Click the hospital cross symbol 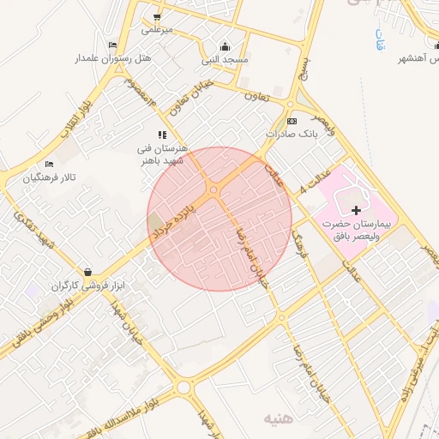click(x=357, y=209)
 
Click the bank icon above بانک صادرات click(x=292, y=122)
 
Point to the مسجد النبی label click(x=225, y=60)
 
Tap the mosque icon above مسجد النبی click(x=226, y=46)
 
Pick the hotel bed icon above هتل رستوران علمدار click(x=112, y=45)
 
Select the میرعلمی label click(x=157, y=29)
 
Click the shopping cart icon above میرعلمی click(x=156, y=16)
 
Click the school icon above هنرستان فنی click(x=162, y=135)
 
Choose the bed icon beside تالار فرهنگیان click(x=49, y=164)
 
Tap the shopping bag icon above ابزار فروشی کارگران click(x=87, y=272)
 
